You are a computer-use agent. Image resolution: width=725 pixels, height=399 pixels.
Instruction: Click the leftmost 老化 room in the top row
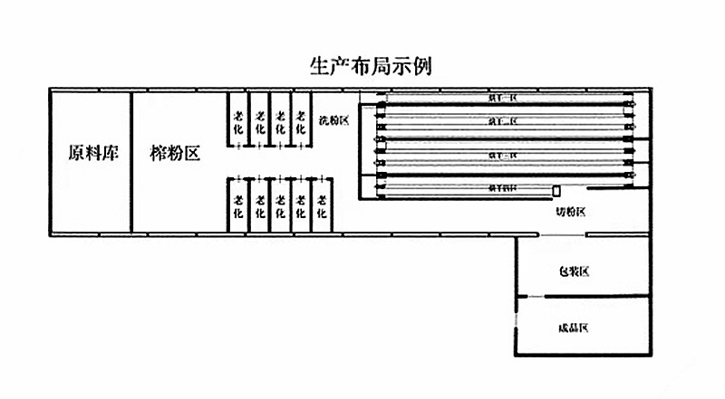(238, 121)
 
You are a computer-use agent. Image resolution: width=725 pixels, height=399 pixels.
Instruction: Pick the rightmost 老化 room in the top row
(301, 121)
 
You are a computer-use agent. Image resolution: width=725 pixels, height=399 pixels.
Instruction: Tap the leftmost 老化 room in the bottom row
(238, 206)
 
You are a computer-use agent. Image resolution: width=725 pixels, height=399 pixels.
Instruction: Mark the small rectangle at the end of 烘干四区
(556, 190)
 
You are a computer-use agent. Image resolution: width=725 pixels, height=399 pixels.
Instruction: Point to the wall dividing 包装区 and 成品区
(585, 297)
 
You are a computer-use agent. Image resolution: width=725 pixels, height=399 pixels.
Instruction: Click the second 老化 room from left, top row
(259, 121)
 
